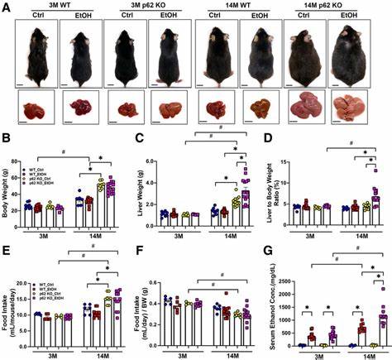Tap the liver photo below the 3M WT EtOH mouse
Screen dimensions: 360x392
[x=83, y=108]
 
